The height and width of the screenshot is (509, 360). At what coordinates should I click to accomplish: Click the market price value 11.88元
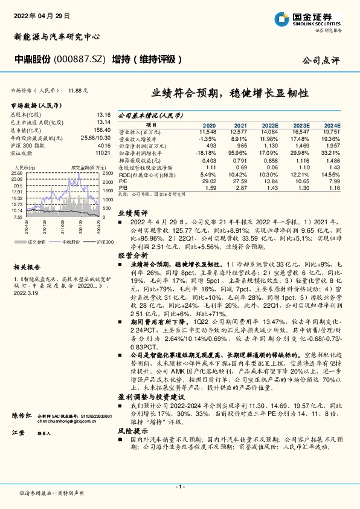(79, 91)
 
